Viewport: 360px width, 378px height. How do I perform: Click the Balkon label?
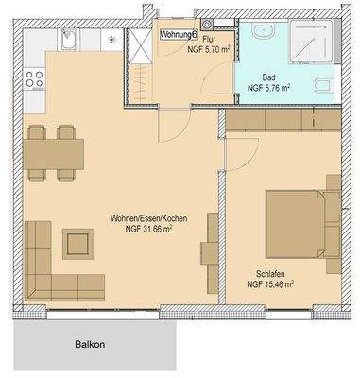tap(89, 345)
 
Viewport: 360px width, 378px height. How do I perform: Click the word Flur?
tap(211, 39)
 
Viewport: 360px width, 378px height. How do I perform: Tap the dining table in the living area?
tap(54, 152)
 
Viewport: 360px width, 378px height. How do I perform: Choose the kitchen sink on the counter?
tap(69, 41)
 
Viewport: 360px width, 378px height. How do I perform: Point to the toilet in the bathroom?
tap(325, 88)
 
